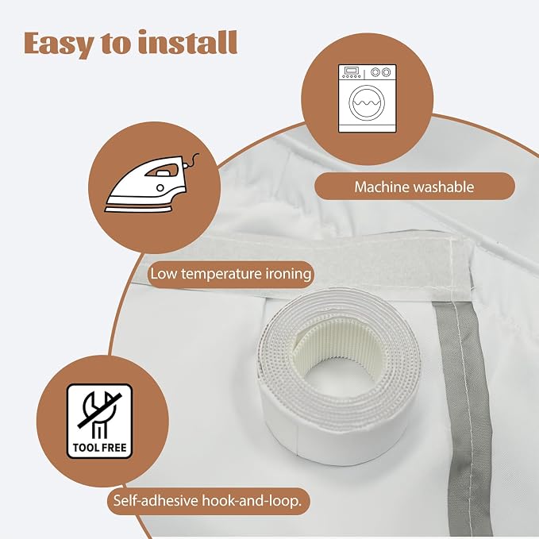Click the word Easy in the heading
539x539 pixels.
pos(59,44)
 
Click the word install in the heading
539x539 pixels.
pos(187,42)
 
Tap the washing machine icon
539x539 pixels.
pos(367,98)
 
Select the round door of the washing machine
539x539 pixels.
pos(367,102)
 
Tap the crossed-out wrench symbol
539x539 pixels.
pos(100,415)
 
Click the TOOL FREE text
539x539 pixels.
pos(100,448)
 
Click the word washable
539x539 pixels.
pos(444,187)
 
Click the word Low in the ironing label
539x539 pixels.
pos(164,274)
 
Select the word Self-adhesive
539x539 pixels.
pos(156,500)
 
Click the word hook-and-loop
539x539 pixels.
pos(252,501)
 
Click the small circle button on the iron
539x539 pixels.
pos(160,187)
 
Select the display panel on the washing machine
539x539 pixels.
pos(351,71)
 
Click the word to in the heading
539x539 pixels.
pos(116,44)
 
